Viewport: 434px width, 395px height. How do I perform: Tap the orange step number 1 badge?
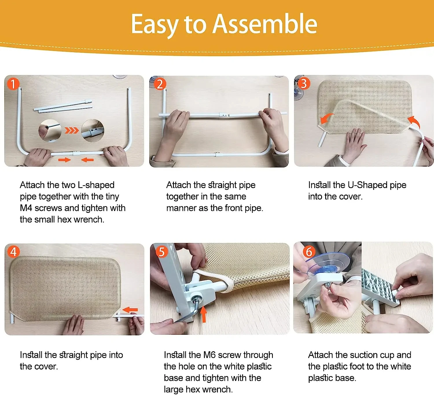(x=13, y=84)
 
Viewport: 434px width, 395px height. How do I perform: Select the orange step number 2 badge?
(x=160, y=84)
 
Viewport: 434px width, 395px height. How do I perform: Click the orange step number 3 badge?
(x=304, y=83)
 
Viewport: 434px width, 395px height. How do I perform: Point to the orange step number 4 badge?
(x=13, y=252)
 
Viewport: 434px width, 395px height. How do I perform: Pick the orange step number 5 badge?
(x=162, y=252)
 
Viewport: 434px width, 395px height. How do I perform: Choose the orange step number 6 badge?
(x=309, y=252)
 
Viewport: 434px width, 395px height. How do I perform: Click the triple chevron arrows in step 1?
(x=72, y=130)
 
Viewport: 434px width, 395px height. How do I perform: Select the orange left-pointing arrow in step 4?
(x=130, y=310)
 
